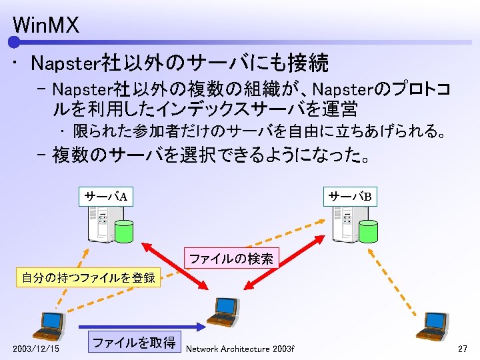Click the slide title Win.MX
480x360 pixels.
tap(45, 26)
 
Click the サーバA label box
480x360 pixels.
tap(105, 196)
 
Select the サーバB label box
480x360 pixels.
tap(349, 196)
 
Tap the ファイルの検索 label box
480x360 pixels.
tap(231, 259)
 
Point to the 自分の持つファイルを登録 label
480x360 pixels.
tap(88, 277)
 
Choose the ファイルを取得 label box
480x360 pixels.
tap(134, 343)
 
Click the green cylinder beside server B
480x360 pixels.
tap(368, 231)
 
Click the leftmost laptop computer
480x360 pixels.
tap(49, 325)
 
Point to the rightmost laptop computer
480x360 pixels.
tap(434, 325)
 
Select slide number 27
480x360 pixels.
tap(463, 349)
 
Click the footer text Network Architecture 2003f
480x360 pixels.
tap(240, 349)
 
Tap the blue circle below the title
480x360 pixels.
tap(14, 43)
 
